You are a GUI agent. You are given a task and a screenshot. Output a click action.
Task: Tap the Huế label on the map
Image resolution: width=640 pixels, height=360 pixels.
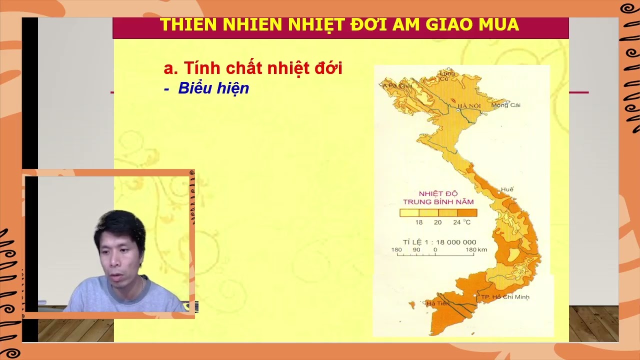[507, 189]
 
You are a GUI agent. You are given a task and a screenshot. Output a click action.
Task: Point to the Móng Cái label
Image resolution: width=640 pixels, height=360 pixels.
[506, 105]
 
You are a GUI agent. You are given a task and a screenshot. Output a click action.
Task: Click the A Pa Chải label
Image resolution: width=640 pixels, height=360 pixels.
[397, 85]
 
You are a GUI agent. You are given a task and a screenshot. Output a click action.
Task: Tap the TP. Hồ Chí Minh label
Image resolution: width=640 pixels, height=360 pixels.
[505, 297]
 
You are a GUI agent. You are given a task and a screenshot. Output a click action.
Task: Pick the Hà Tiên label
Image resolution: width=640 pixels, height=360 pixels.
[434, 303]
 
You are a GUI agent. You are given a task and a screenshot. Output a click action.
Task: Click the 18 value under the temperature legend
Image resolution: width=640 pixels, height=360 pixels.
[419, 222]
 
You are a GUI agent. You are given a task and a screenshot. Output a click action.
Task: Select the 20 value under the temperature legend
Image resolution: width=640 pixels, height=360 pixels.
[437, 222]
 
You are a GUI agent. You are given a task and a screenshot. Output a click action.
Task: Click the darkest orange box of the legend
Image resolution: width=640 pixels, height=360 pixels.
[467, 212]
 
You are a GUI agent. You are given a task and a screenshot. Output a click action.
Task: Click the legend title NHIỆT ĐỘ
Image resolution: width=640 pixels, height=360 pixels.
[438, 193]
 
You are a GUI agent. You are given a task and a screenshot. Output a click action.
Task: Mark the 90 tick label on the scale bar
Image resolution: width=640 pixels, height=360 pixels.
[416, 249]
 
